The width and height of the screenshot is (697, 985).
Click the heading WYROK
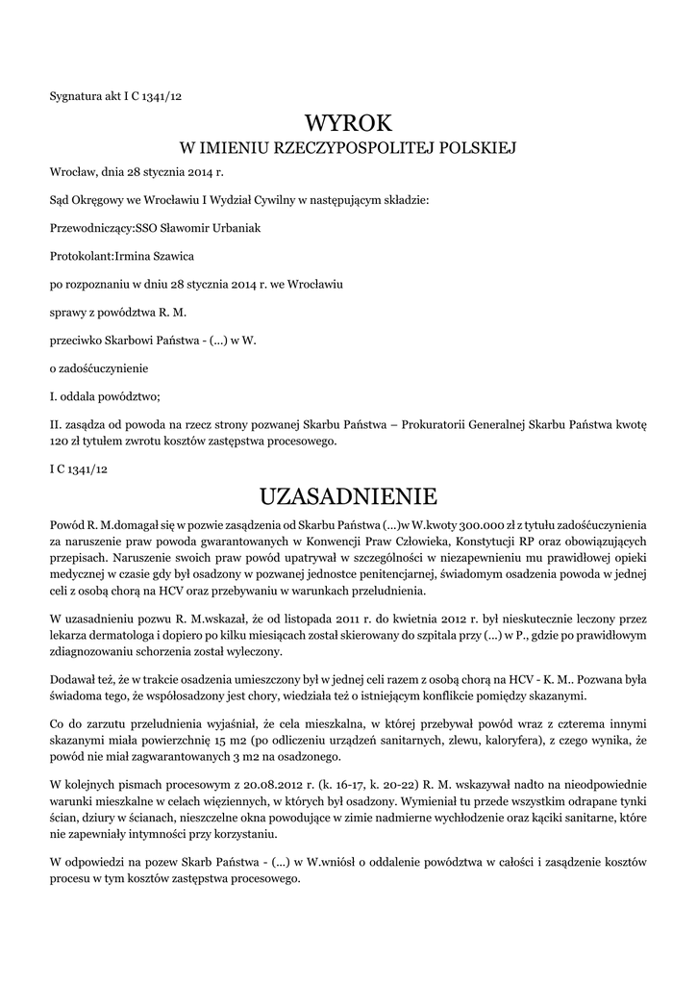[x=348, y=122]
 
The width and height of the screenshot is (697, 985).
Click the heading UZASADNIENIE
[x=348, y=496]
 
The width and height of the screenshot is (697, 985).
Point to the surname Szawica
[x=202, y=257]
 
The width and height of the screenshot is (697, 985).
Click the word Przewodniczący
[x=86, y=228]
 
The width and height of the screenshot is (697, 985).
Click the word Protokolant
[x=81, y=257]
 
